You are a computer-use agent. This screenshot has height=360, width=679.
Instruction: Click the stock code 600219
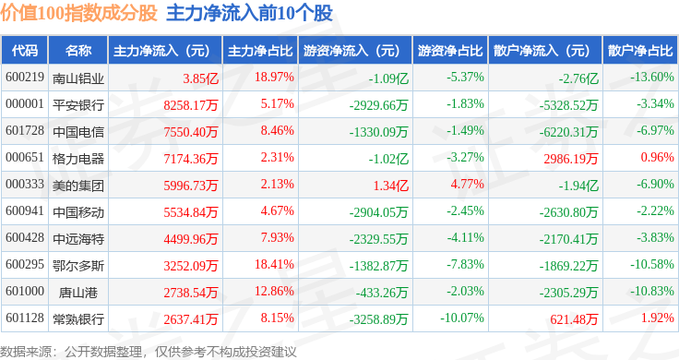pos(25,78)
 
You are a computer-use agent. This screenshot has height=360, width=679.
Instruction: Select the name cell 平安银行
pos(78,105)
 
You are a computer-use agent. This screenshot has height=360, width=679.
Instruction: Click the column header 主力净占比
pos(260,51)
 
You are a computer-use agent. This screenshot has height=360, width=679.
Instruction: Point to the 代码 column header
pos(25,51)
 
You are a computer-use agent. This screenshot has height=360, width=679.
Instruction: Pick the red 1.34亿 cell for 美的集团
pos(391,186)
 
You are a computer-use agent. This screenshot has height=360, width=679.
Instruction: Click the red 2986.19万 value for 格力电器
pos(571,159)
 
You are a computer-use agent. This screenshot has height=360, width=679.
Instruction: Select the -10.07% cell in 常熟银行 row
pos(462,318)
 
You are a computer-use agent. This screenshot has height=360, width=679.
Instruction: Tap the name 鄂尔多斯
pos(78,266)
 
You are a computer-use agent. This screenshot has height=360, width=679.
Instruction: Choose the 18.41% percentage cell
pos(275,264)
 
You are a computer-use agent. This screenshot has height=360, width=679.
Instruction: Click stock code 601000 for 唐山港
pos(25,291)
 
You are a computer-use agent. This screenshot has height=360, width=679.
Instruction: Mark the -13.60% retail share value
pos(652,78)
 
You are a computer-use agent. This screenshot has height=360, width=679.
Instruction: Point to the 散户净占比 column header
pos(640,51)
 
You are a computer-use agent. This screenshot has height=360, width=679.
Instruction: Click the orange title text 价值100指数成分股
pos(78,13)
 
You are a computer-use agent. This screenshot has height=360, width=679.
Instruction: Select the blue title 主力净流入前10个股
pos(249,13)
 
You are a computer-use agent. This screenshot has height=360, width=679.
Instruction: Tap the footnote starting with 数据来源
pos(149,352)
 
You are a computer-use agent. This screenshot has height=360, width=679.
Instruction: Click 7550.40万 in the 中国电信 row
pos(191,132)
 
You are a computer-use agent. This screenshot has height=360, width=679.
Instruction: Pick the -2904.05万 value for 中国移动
pos(379,212)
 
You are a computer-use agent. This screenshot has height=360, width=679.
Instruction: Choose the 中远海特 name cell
pos(78,239)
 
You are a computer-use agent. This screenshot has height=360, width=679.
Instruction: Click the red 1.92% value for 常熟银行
pos(658,318)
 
